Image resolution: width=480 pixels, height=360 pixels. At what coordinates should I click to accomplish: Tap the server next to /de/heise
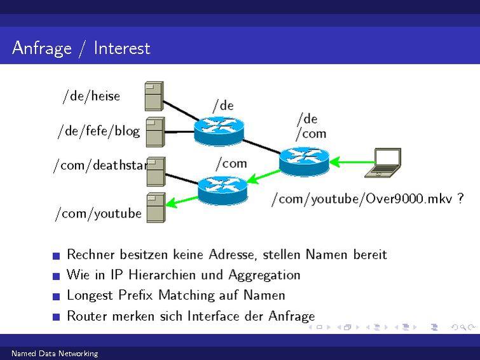[x=154, y=95]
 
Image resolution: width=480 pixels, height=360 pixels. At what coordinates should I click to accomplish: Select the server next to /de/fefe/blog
[x=155, y=132]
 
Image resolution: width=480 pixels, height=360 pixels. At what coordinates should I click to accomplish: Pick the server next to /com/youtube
[x=156, y=207]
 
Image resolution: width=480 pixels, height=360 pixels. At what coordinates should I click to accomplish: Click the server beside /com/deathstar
[x=156, y=172]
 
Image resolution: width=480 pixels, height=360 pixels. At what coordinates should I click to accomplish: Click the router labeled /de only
[x=219, y=128]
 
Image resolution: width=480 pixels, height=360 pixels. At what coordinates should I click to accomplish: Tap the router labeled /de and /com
[x=304, y=160]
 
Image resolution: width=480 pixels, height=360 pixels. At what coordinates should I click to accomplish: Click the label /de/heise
[x=91, y=96]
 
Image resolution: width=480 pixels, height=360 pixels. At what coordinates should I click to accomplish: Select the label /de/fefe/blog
[x=99, y=131]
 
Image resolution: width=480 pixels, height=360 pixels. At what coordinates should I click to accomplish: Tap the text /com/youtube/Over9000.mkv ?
[x=367, y=198]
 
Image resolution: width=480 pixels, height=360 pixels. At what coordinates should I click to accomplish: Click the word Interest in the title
[x=121, y=48]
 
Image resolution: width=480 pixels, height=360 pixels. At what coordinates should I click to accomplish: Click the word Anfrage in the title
[x=41, y=48]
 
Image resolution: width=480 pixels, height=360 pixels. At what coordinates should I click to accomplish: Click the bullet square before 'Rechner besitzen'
[x=57, y=256]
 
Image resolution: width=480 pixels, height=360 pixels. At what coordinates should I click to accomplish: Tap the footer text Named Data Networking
[x=55, y=354]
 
